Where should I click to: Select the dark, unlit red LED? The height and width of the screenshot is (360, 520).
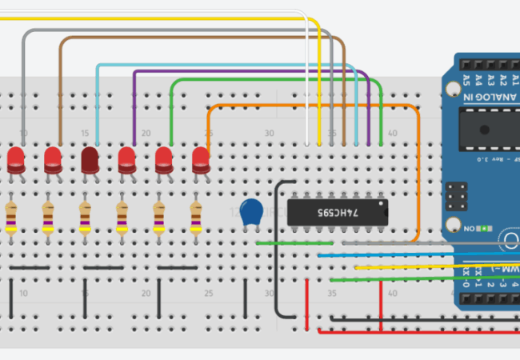[x=90, y=158]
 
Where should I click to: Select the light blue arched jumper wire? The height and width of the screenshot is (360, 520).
[x=224, y=65]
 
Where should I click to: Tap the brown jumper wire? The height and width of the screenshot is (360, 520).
[x=200, y=37]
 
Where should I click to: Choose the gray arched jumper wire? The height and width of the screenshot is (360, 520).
[x=160, y=30]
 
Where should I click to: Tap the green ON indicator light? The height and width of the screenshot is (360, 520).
[x=485, y=227]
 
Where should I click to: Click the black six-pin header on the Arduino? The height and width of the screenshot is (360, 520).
[x=458, y=196]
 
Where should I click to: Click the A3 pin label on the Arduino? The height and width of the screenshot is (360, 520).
[x=490, y=78]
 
